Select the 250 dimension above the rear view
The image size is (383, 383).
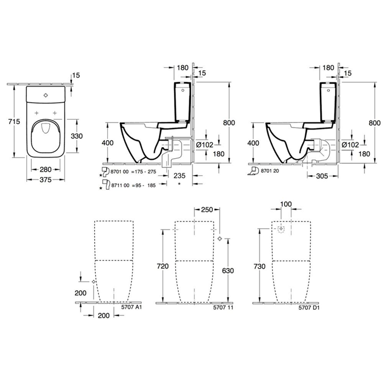coord(206,210)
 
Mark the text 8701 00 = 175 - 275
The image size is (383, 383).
coord(134,172)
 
